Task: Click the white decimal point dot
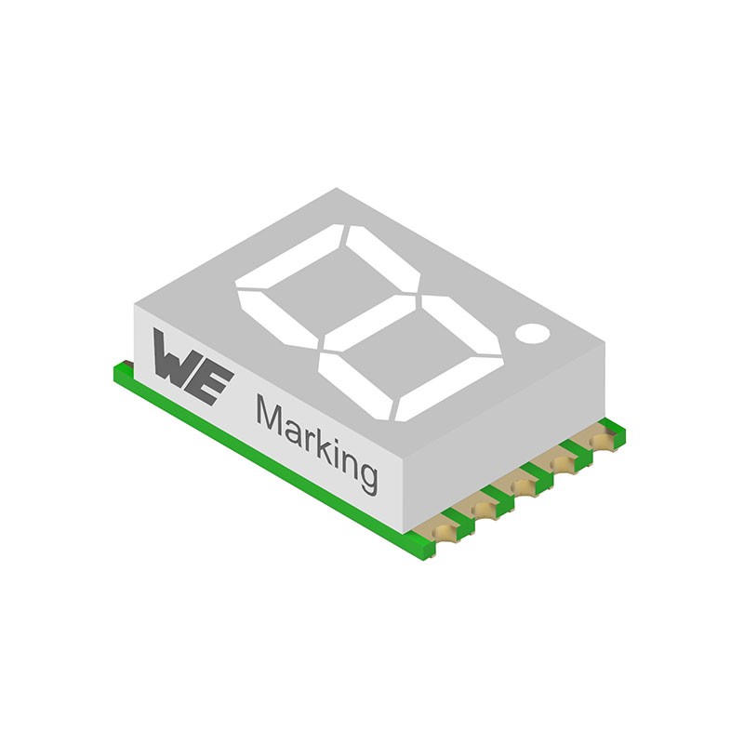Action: tap(532, 332)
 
